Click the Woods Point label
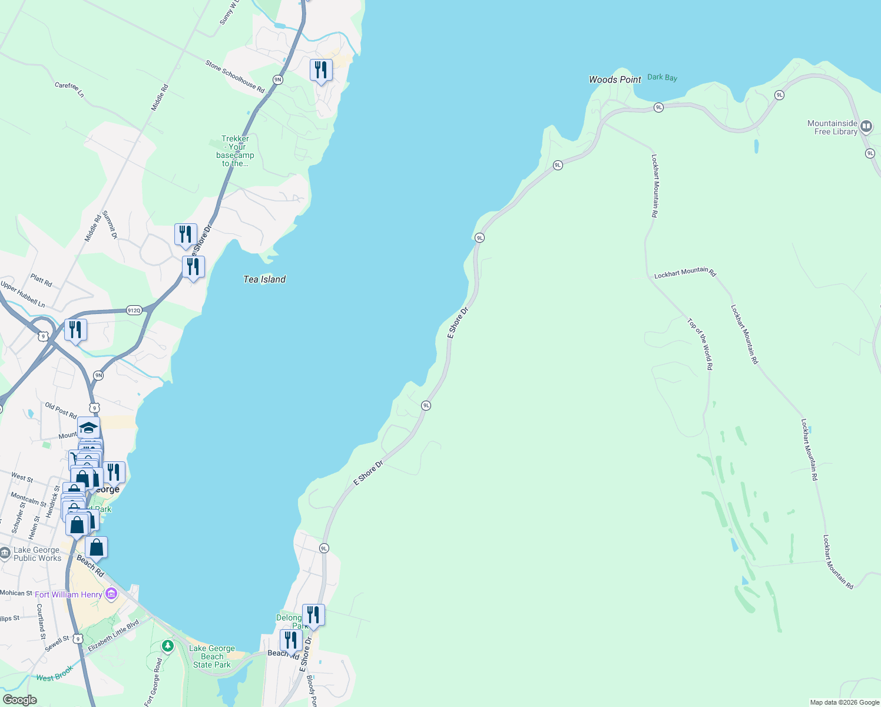[x=615, y=80]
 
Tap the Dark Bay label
[x=662, y=77]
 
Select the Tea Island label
[x=264, y=279]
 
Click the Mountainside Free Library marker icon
[x=866, y=127]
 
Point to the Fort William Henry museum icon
[x=111, y=594]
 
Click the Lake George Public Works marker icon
[x=5, y=553]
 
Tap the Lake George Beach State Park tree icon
[x=168, y=646]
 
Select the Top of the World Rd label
[x=700, y=344]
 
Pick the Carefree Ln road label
[x=69, y=89]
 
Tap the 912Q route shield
[x=134, y=310]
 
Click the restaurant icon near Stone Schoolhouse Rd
[x=321, y=70]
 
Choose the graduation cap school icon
[x=88, y=427]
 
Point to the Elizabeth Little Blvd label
[x=113, y=635]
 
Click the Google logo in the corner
[x=19, y=700]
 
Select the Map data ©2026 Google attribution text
[x=844, y=702]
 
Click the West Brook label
[x=55, y=673]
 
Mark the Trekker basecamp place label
[x=235, y=151]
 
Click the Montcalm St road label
[x=28, y=500]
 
